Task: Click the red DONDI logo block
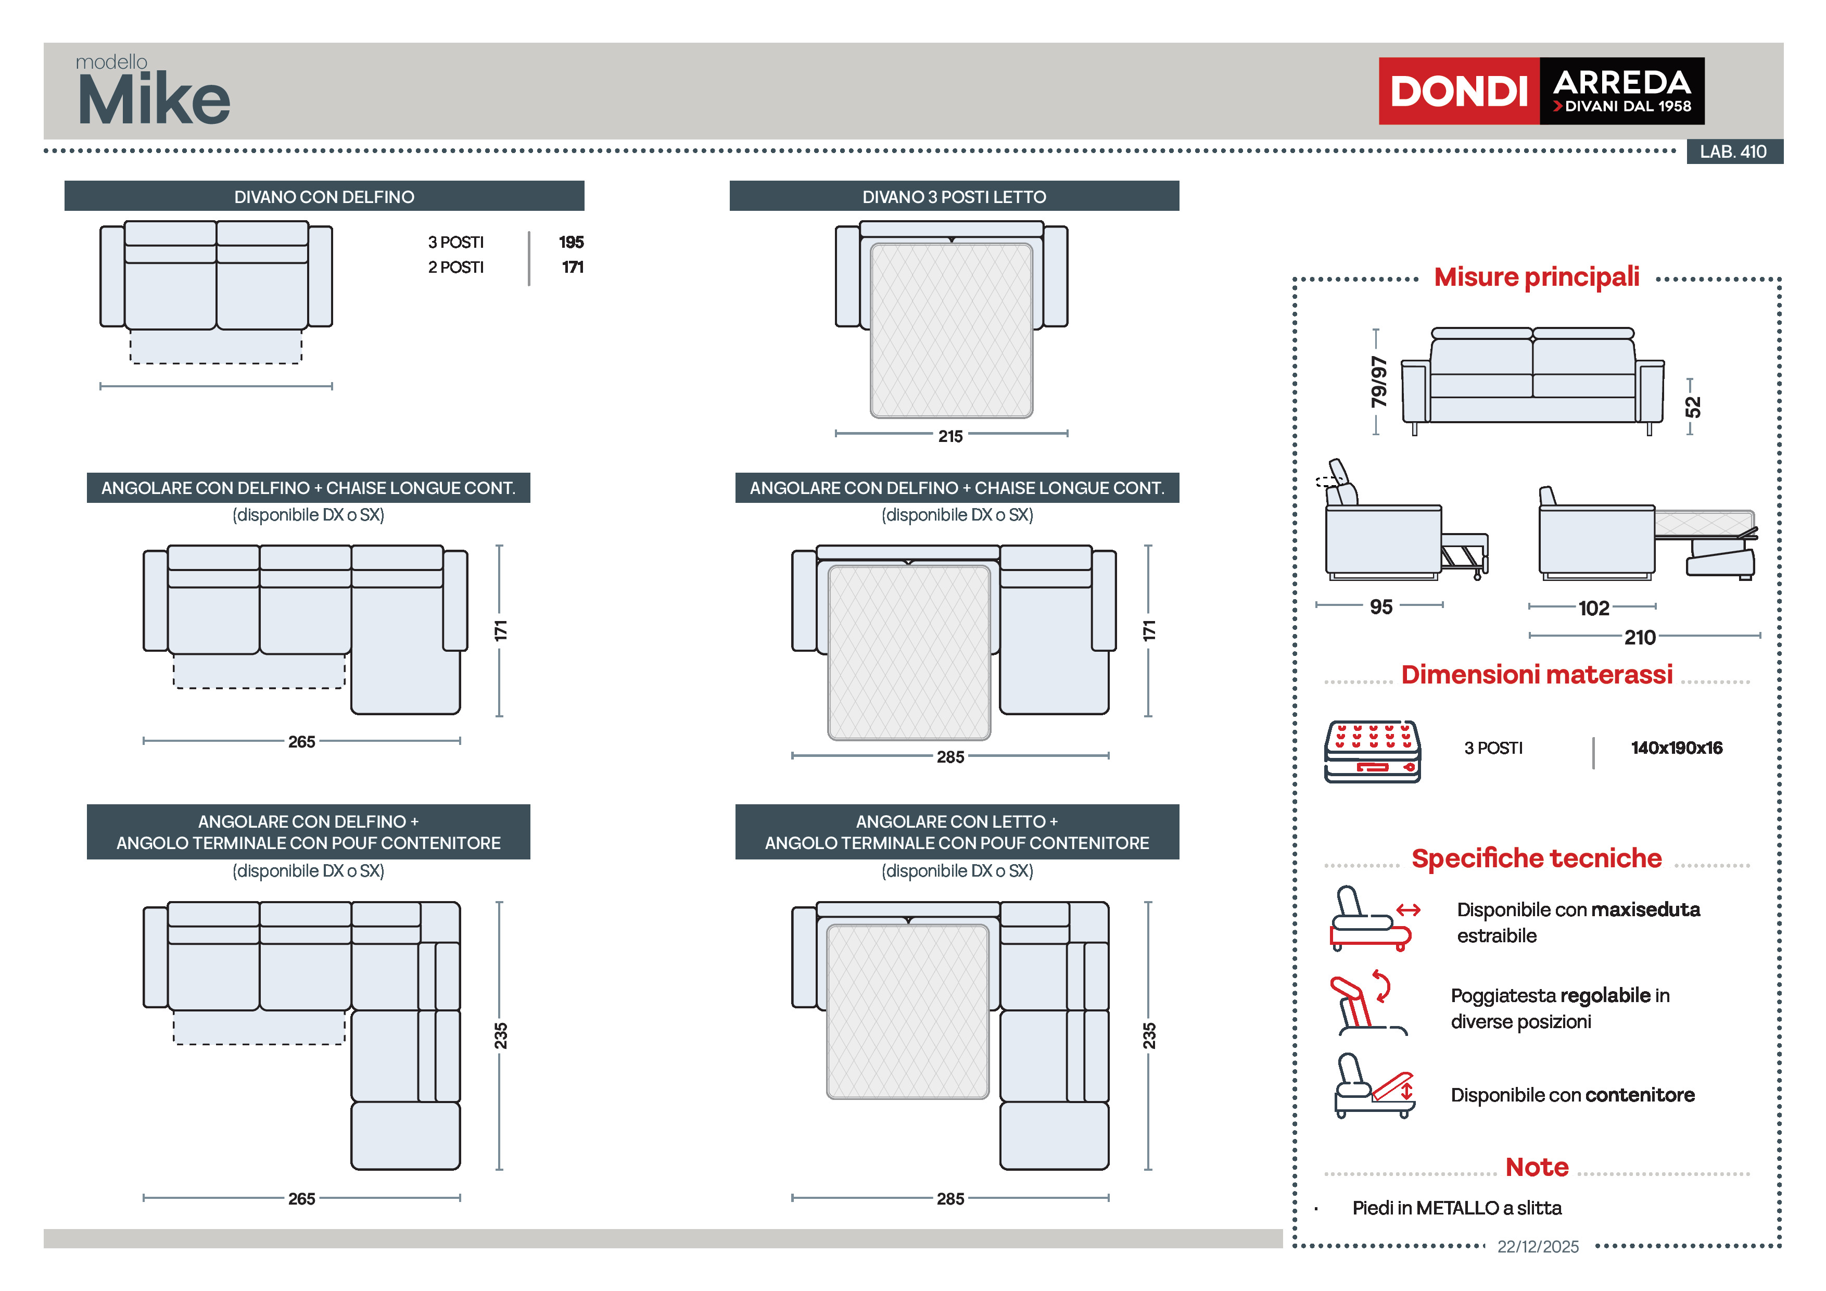tap(1458, 91)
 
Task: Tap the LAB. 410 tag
tap(1733, 151)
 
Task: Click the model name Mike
tap(154, 99)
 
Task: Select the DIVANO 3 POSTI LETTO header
tap(954, 196)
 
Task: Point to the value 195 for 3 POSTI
tap(571, 242)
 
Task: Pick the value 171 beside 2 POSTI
tap(573, 267)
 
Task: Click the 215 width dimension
tap(950, 436)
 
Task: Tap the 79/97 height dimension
tap(1378, 382)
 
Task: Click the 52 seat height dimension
tap(1692, 407)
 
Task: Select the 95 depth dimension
tap(1380, 607)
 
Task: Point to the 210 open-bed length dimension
tap(1640, 637)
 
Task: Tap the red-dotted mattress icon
tap(1372, 752)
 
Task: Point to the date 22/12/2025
tap(1537, 1246)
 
